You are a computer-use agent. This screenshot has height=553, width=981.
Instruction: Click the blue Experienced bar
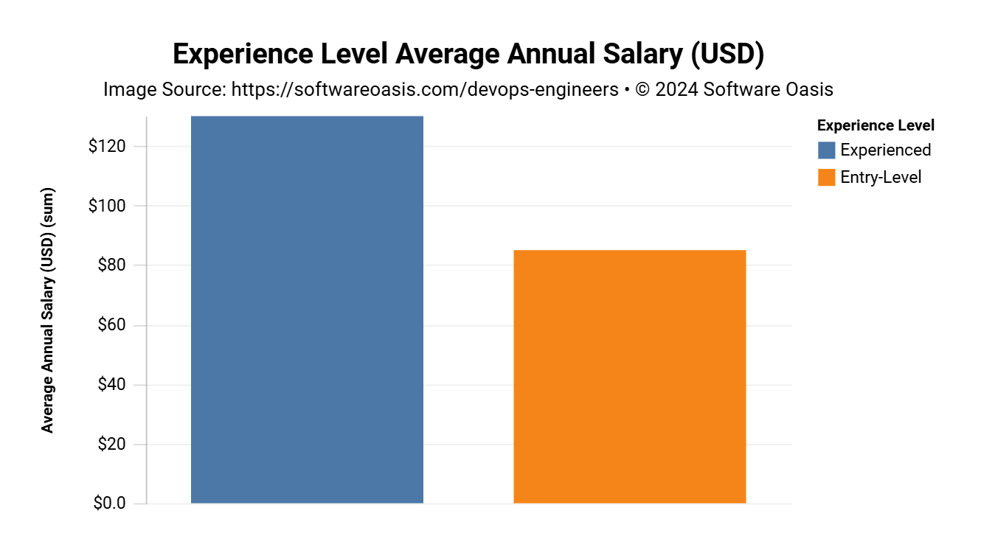[307, 310]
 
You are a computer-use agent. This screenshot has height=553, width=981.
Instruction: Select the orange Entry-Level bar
[629, 377]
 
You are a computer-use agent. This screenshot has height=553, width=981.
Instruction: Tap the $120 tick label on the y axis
[107, 146]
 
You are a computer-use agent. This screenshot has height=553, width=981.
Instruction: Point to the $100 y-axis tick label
[107, 206]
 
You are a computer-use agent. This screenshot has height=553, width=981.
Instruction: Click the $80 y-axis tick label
[111, 265]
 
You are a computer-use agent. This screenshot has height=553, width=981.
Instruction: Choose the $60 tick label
[111, 325]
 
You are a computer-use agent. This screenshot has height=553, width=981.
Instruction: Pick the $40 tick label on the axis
[111, 385]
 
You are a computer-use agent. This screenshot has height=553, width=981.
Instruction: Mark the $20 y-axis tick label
[111, 445]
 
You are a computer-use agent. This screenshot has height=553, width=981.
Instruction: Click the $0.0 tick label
[108, 504]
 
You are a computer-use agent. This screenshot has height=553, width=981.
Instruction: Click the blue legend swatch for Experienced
[827, 150]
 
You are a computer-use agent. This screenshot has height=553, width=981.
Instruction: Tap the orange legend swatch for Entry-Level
[827, 177]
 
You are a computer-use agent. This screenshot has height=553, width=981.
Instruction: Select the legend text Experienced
[886, 150]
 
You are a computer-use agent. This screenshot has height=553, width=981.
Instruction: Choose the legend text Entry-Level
[881, 177]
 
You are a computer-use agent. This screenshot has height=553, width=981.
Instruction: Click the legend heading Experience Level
[876, 125]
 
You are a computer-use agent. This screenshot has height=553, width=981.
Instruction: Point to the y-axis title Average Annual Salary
[48, 310]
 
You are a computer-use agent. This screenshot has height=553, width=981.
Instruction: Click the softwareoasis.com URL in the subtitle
[425, 90]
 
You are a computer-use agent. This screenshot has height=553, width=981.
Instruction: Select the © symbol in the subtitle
[643, 90]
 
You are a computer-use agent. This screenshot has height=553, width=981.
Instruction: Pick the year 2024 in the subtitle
[676, 90]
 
